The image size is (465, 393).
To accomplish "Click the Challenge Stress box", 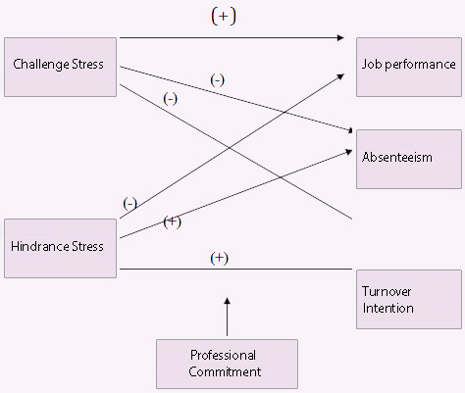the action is pos(60,67).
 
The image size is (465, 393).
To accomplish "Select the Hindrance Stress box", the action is pos(60,248).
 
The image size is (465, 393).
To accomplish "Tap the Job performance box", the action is pos(409,67).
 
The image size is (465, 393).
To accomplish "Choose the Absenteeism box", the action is pos(409,159).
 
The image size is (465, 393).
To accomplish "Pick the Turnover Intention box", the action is pos(409,299).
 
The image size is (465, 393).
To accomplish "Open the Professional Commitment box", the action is pos(227,364).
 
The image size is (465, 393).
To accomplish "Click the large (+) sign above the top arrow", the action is pos(224,16).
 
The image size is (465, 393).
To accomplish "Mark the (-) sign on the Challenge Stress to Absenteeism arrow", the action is pos(218,80).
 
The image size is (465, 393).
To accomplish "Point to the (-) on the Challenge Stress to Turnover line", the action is pos(170,99).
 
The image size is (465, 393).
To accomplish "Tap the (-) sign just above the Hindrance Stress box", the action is pos(129,204).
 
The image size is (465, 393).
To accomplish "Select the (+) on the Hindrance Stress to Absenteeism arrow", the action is pos(172,222).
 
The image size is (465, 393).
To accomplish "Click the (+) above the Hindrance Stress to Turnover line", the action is pos(219,258).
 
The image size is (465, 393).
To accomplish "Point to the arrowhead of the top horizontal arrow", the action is pos(340,38).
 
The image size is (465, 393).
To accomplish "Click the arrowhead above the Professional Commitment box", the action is pos(228,301).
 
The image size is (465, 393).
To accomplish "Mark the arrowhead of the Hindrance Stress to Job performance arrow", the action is pos(341,76).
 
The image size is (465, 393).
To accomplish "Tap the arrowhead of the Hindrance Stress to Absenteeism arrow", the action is pos(349,152).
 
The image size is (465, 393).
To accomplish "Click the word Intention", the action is pos(388,308).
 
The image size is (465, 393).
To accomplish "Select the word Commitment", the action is pos(225,371).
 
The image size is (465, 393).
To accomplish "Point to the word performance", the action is pos(420,65).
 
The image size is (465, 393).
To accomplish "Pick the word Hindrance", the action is pos(39,246).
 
